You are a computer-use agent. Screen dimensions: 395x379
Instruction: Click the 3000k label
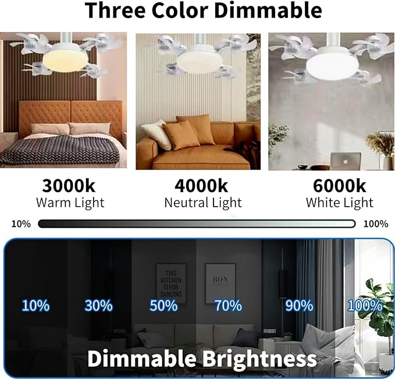point(69,186)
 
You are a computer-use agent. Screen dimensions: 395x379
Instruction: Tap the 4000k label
point(201,186)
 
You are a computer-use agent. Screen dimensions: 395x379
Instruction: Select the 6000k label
point(339,186)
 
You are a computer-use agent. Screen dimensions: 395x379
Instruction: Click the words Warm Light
point(70,203)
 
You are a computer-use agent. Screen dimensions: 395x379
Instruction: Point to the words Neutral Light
point(203,203)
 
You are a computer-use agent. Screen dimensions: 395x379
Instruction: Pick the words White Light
point(339,203)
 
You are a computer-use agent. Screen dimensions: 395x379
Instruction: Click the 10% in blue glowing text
point(35,306)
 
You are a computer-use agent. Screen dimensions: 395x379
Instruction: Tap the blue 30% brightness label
point(98,306)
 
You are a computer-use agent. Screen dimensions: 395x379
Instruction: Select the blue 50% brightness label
point(163,306)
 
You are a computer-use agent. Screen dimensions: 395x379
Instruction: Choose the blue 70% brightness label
point(228,306)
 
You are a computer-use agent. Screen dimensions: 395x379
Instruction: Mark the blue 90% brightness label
point(299,306)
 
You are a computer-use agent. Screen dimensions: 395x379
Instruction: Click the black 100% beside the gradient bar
point(376,224)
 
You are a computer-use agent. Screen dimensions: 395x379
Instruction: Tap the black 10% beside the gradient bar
point(21,224)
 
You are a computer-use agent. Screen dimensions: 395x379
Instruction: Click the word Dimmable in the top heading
point(268,10)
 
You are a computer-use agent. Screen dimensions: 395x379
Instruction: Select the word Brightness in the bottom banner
point(259,359)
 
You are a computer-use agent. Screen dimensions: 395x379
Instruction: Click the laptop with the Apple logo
point(346,161)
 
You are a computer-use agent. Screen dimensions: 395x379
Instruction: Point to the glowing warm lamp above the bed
point(65,59)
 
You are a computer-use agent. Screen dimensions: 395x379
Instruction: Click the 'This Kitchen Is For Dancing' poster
point(171,284)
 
